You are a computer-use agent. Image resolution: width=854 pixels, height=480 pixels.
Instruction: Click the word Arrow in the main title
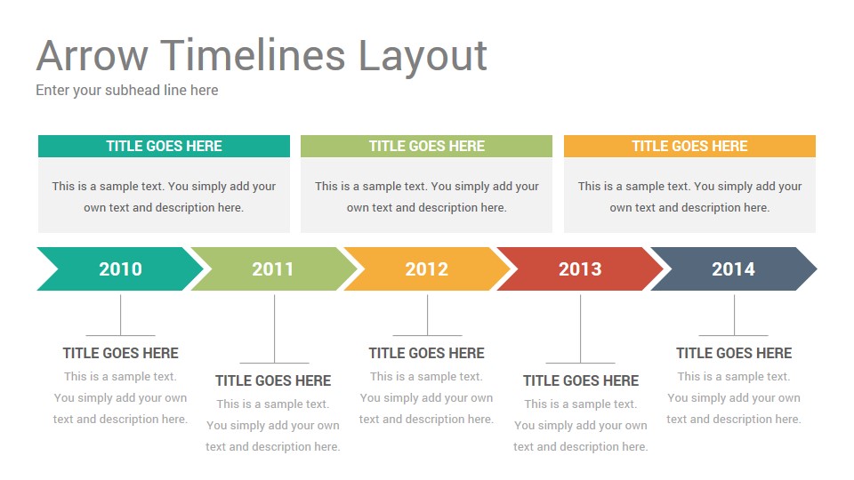(92, 55)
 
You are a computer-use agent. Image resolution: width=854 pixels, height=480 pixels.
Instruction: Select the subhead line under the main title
(127, 91)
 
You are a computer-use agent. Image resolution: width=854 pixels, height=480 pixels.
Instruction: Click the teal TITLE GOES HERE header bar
(164, 146)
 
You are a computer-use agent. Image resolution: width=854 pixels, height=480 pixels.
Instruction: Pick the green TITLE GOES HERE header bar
(426, 146)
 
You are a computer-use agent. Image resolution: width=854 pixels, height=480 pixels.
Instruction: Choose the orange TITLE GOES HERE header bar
(689, 146)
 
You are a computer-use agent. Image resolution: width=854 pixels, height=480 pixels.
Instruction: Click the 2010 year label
(120, 268)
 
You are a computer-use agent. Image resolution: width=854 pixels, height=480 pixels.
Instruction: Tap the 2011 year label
(273, 268)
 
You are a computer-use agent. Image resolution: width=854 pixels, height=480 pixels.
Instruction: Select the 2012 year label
(426, 268)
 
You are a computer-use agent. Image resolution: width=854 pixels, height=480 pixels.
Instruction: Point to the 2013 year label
(580, 268)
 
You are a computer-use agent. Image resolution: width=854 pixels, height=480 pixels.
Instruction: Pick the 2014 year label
(734, 268)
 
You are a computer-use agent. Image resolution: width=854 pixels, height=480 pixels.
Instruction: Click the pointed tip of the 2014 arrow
(817, 268)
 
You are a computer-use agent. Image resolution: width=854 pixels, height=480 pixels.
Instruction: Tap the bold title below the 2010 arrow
(120, 353)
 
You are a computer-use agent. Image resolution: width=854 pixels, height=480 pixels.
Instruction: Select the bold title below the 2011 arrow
(273, 381)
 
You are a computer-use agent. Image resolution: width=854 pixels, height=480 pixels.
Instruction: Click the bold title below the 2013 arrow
(581, 381)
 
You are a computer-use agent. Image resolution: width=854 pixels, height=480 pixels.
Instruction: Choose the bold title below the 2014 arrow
(734, 353)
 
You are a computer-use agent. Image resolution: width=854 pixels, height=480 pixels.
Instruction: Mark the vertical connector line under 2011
(275, 329)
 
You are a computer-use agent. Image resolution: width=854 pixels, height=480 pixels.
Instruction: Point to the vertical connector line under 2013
(581, 329)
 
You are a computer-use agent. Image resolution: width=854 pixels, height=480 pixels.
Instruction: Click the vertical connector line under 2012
(428, 315)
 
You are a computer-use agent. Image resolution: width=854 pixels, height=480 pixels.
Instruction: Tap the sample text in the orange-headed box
(689, 197)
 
